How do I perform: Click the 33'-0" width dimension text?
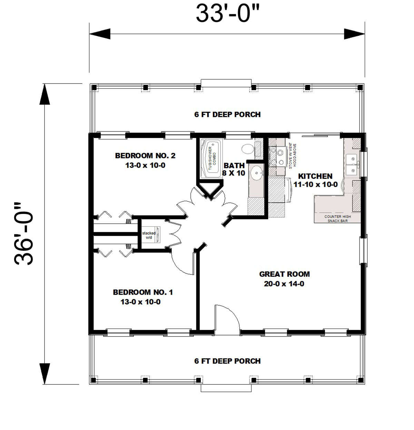pos(227,14)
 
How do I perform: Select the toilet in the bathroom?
pos(248,149)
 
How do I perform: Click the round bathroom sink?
pos(256,173)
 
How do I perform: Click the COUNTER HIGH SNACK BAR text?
pos(337,218)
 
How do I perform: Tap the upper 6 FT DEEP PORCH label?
pos(227,114)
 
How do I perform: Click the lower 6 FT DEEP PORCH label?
pos(227,361)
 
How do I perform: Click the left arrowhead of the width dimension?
pos(100,34)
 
